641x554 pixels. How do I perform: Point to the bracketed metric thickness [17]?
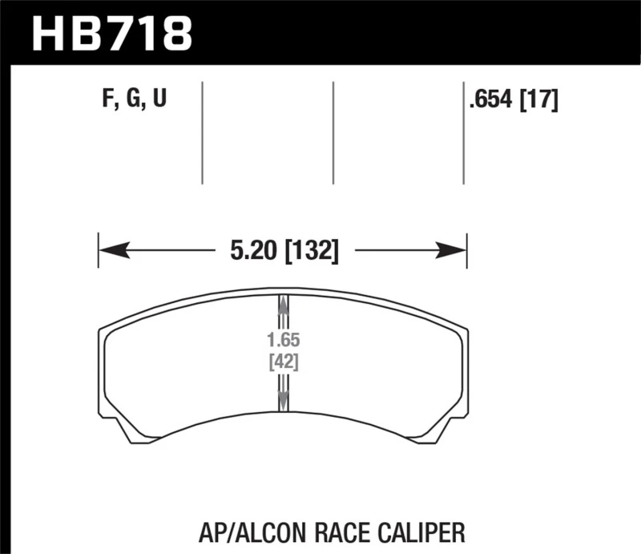pos(539,100)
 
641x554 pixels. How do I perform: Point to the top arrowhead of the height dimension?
pos(282,305)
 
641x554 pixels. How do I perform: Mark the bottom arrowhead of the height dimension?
pos(282,401)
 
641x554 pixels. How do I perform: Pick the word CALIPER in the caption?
pos(424,531)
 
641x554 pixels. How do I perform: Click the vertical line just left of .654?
pos(463,132)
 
